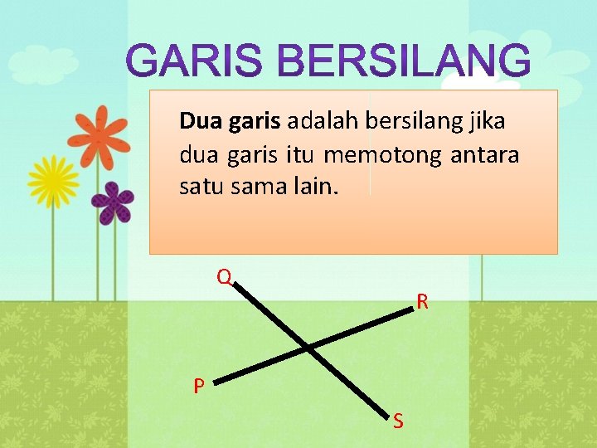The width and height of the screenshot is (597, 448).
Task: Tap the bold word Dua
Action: (x=197, y=123)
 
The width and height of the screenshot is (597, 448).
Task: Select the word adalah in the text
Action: (x=323, y=123)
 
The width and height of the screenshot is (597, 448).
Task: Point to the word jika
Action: (x=488, y=123)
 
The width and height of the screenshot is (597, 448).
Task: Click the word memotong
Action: (x=383, y=155)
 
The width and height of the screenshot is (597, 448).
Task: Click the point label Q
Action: (x=223, y=276)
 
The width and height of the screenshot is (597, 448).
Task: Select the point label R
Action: (x=423, y=302)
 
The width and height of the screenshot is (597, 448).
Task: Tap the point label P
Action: (x=199, y=387)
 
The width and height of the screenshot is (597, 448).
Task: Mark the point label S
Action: (x=398, y=422)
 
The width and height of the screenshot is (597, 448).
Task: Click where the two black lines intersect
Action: (x=307, y=347)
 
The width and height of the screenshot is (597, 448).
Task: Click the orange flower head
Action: (x=98, y=137)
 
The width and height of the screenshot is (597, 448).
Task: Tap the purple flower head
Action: (x=112, y=202)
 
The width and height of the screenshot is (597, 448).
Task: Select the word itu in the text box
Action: (x=300, y=155)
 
